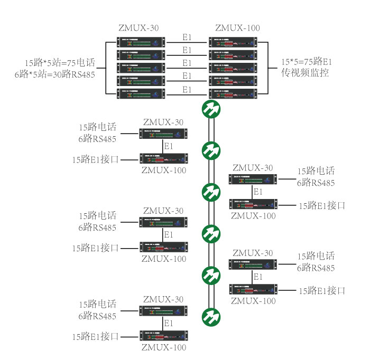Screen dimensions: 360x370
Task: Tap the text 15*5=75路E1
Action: click(307, 61)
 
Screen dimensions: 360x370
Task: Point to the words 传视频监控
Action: click(305, 73)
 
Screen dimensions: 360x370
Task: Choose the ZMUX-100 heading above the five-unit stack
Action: click(237, 28)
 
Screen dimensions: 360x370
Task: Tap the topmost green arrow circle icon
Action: click(211, 109)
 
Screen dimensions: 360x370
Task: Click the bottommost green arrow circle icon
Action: click(211, 316)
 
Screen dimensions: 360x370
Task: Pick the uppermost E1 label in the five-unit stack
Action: click(187, 37)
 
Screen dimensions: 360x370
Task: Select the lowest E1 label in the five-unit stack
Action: click(187, 89)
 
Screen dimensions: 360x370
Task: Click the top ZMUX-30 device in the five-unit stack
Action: click(139, 41)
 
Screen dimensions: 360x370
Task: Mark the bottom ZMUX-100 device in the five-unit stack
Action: click(233, 94)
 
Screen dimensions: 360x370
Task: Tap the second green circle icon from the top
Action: click(211, 150)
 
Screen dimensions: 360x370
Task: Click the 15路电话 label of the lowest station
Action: click(98, 305)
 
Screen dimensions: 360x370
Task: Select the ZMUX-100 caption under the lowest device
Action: click(164, 347)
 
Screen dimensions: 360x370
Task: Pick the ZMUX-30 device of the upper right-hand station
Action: click(253, 180)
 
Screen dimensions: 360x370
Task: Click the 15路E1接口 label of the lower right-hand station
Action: click(322, 290)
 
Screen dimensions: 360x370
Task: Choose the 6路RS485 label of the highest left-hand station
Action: click(97, 139)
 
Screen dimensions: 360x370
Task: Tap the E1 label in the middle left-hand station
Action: click(169, 234)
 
